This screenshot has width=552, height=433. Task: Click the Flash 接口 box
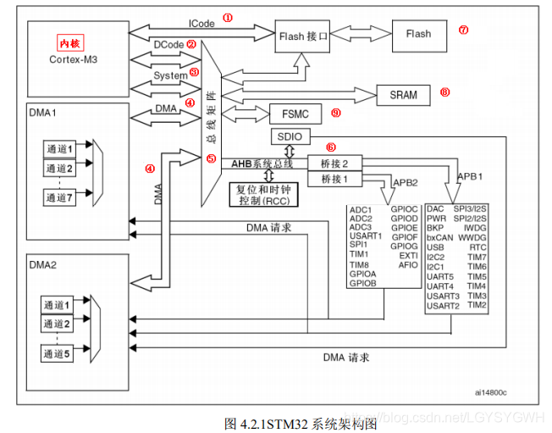point(301,36)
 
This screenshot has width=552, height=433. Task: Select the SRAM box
point(403,95)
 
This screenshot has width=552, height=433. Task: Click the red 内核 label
point(69,43)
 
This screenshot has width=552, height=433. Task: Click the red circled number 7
point(463,30)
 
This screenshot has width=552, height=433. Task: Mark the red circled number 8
point(444,92)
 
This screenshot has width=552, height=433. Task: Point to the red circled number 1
point(226,17)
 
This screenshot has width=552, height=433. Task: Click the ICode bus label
point(201,23)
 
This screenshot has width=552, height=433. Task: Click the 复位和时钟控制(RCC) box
point(264,193)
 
